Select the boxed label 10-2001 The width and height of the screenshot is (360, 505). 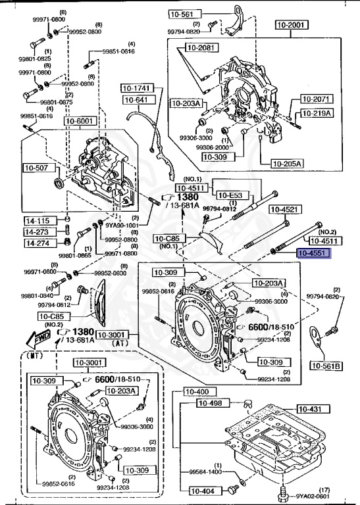(290, 25)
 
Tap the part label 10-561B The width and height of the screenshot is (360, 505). (327, 366)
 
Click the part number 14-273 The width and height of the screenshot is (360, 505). (38, 231)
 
